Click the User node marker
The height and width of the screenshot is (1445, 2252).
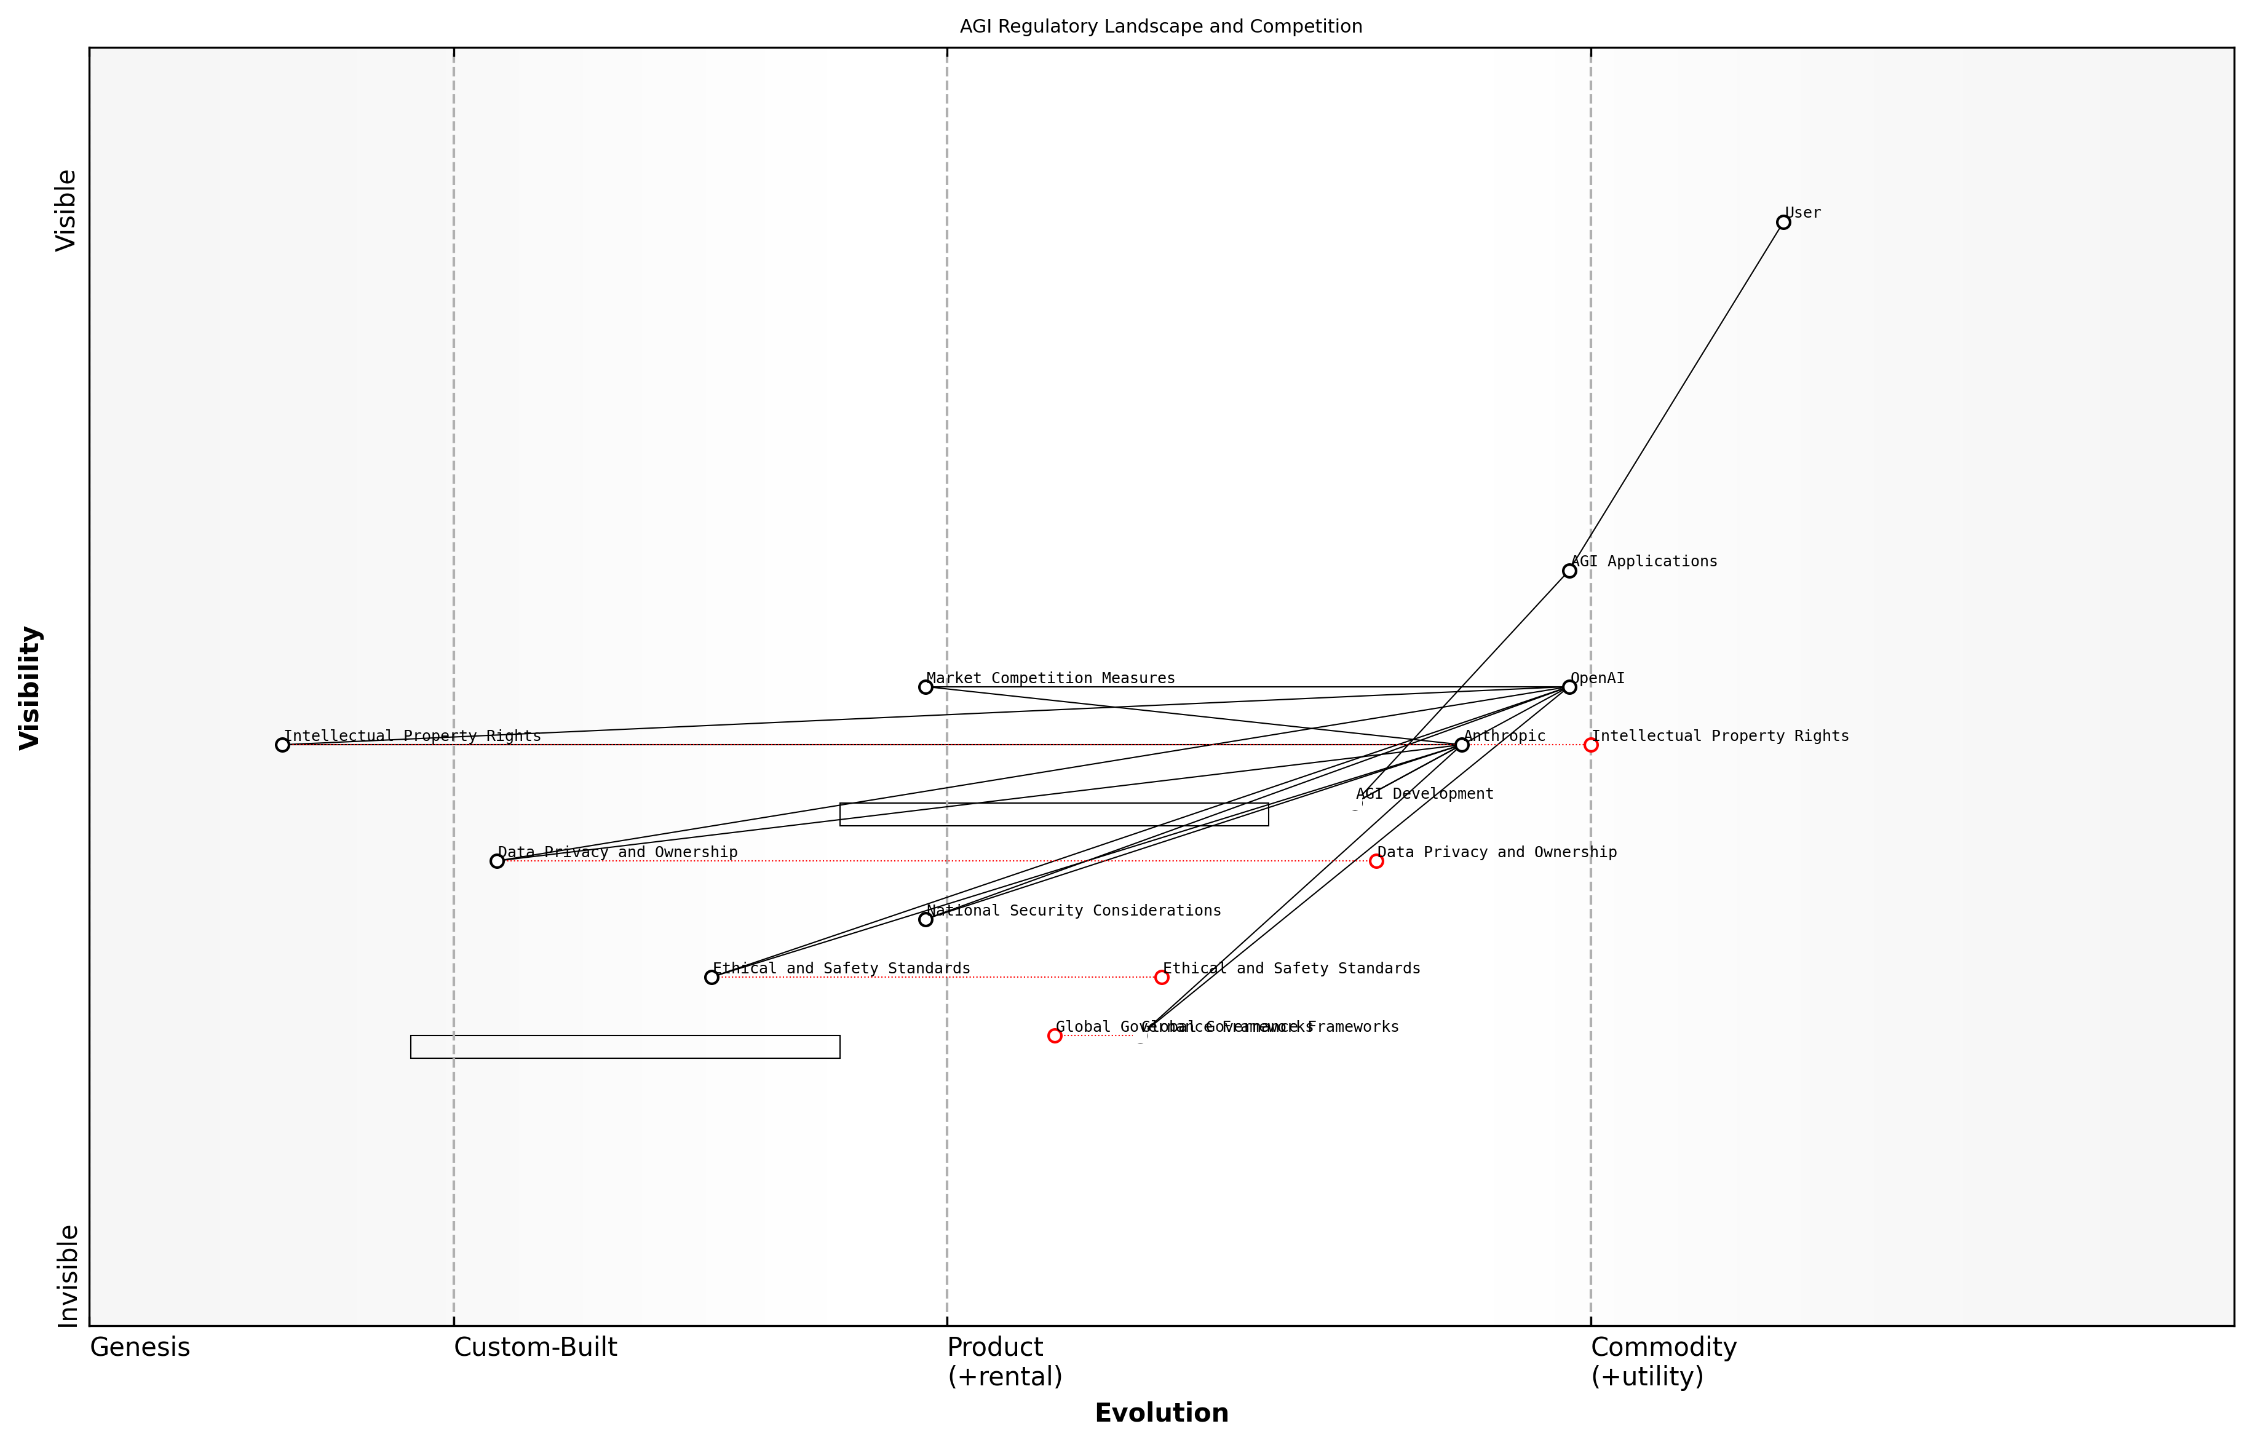click(x=1783, y=223)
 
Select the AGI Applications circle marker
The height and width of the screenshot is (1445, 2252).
click(x=1569, y=571)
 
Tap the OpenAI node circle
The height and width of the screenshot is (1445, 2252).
click(x=1569, y=687)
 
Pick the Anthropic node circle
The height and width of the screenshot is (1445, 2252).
click(x=1462, y=745)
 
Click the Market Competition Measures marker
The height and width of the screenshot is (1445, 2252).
click(x=925, y=687)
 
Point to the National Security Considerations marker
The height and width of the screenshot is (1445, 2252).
click(x=925, y=919)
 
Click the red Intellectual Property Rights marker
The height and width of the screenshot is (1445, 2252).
click(x=1590, y=745)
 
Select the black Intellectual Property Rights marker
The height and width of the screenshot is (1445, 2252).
click(x=282, y=745)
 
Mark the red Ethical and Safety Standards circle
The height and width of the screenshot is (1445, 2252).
click(x=1162, y=977)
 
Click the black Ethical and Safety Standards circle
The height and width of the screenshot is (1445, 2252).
click(x=712, y=977)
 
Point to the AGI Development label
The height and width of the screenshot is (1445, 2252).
click(x=1424, y=794)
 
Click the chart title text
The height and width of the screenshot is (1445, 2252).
click(x=1160, y=26)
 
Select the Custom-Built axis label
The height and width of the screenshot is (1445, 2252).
click(x=535, y=1347)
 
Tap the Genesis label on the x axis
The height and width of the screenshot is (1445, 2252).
click(x=140, y=1347)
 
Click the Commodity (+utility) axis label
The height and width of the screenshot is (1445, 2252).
click(x=1663, y=1361)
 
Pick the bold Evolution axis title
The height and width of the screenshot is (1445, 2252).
click(x=1160, y=1413)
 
